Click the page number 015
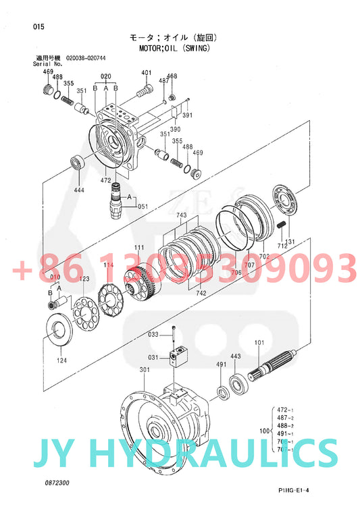38,26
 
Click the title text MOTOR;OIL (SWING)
176,49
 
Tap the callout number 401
147,73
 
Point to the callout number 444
79,190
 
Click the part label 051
143,206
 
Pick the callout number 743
182,215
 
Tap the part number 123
84,279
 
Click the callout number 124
61,360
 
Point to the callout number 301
145,369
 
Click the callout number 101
259,342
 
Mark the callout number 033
153,334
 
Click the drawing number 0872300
57,483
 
